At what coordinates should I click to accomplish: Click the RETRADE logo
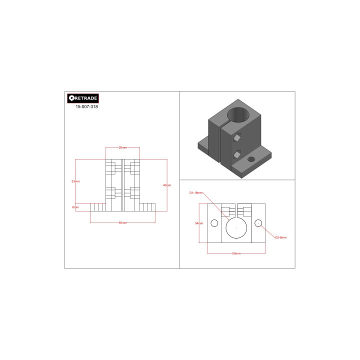[x=83, y=98]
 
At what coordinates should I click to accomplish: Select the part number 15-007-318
[x=86, y=106]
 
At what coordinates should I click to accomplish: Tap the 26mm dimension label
[x=122, y=148]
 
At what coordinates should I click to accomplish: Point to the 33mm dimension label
[x=75, y=181]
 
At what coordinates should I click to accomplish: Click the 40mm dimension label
[x=167, y=185]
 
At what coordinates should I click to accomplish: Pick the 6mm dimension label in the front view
[x=75, y=207]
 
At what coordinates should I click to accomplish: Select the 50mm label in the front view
[x=122, y=222]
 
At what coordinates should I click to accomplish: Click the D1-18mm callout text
[x=195, y=192]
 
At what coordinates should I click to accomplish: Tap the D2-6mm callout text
[x=280, y=237]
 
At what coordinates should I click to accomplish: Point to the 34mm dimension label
[x=199, y=223]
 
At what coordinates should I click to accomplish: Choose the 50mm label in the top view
[x=236, y=253]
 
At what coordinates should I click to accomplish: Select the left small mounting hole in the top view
[x=214, y=222]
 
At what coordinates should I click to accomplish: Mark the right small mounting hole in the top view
[x=258, y=222]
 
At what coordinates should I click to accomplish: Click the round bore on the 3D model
[x=240, y=114]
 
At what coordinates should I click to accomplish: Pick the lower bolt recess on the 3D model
[x=237, y=152]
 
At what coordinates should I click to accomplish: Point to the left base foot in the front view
[x=97, y=207]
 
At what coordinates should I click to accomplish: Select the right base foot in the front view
[x=147, y=207]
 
